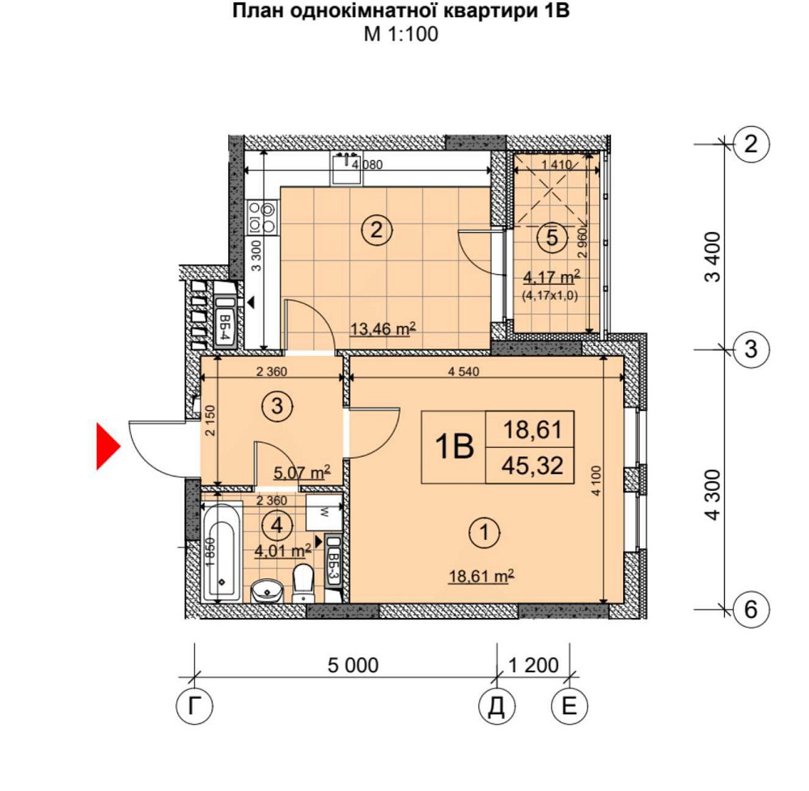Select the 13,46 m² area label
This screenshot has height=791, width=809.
[x=383, y=328]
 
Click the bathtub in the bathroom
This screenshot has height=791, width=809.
[x=220, y=552]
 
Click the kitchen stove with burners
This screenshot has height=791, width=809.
[x=262, y=215]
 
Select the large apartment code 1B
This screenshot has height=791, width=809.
[x=453, y=447]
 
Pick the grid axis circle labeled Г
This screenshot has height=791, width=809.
[x=194, y=707]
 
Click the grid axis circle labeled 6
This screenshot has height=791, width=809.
[x=751, y=609]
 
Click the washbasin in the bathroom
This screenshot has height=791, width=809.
[x=265, y=592]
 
